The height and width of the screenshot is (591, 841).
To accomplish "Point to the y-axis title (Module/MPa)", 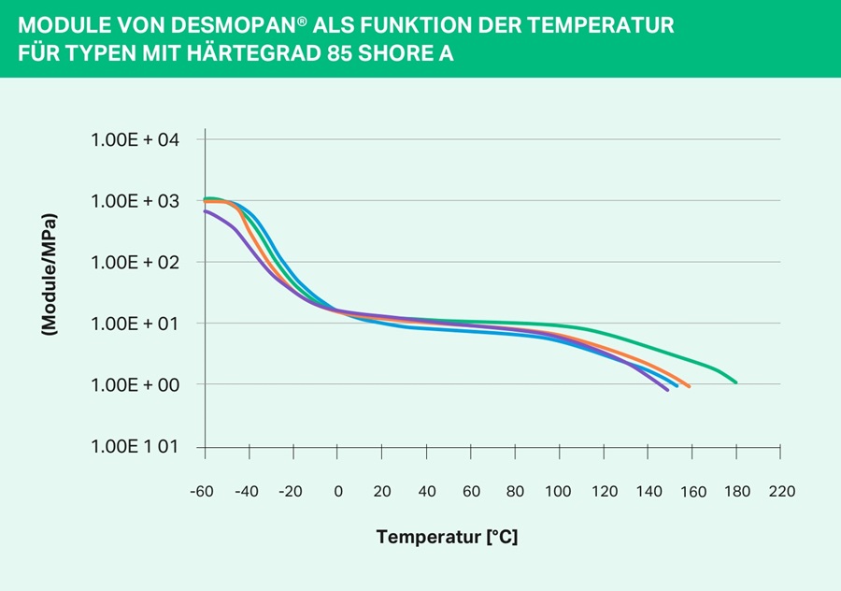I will click(x=50, y=275).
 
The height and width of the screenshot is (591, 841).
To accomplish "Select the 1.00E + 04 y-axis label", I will click(x=135, y=139).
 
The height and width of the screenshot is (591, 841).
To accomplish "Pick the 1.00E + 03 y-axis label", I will click(x=135, y=201).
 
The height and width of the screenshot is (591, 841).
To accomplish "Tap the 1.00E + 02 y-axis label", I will click(x=135, y=262).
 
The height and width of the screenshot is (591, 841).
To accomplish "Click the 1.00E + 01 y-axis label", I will click(x=135, y=324).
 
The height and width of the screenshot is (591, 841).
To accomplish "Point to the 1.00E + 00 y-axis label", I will click(x=135, y=385).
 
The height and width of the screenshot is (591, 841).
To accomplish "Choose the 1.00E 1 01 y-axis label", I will click(x=135, y=446).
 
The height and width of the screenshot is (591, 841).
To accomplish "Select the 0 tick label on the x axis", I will click(x=338, y=492).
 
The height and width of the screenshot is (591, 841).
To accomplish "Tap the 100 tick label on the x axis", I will click(x=559, y=492).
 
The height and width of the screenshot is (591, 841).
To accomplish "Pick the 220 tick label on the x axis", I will click(x=781, y=492).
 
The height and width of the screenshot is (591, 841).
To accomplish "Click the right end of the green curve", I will click(x=736, y=382).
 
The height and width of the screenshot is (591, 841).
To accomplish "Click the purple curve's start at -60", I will click(x=206, y=211).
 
